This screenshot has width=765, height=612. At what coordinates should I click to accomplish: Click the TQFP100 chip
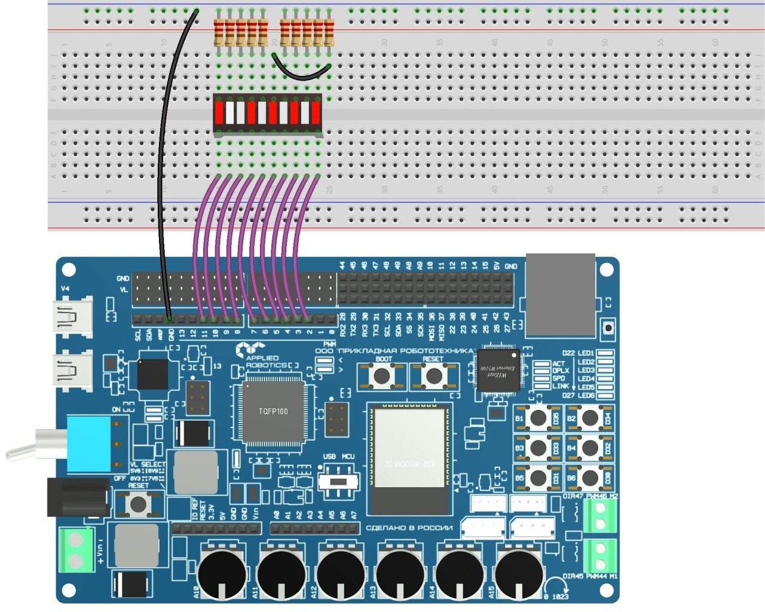coord(273,412)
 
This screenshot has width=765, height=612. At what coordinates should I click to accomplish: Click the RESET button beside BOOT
coord(433,376)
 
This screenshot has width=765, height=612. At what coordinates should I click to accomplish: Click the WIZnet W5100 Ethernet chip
coord(498,371)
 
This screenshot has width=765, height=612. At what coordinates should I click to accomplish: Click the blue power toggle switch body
coord(89,445)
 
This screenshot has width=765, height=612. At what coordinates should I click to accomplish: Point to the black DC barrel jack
coord(78,497)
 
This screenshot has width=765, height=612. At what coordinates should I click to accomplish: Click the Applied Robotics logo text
coord(262,361)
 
